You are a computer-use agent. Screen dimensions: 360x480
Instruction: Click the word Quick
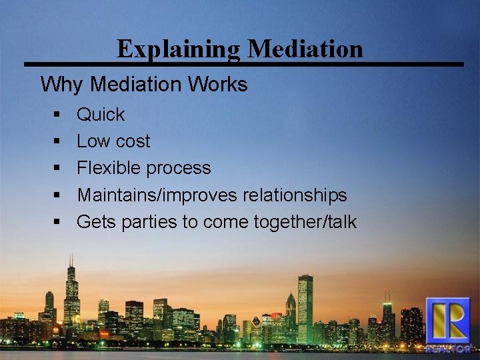click(x=101, y=115)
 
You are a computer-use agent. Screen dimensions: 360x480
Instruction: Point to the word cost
click(x=132, y=141)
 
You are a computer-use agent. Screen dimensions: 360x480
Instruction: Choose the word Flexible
click(x=107, y=168)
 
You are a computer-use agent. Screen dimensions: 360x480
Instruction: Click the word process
click(x=179, y=168)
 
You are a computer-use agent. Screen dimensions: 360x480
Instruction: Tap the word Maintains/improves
click(x=157, y=195)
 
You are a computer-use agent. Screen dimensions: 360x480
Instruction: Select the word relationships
click(x=295, y=195)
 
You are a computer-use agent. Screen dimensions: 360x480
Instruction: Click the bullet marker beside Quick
click(x=58, y=115)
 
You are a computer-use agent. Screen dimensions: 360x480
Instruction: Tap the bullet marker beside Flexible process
click(x=58, y=169)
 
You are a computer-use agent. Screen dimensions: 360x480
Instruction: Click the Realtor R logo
click(x=447, y=324)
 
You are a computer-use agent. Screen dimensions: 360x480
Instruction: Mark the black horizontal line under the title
click(x=243, y=64)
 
